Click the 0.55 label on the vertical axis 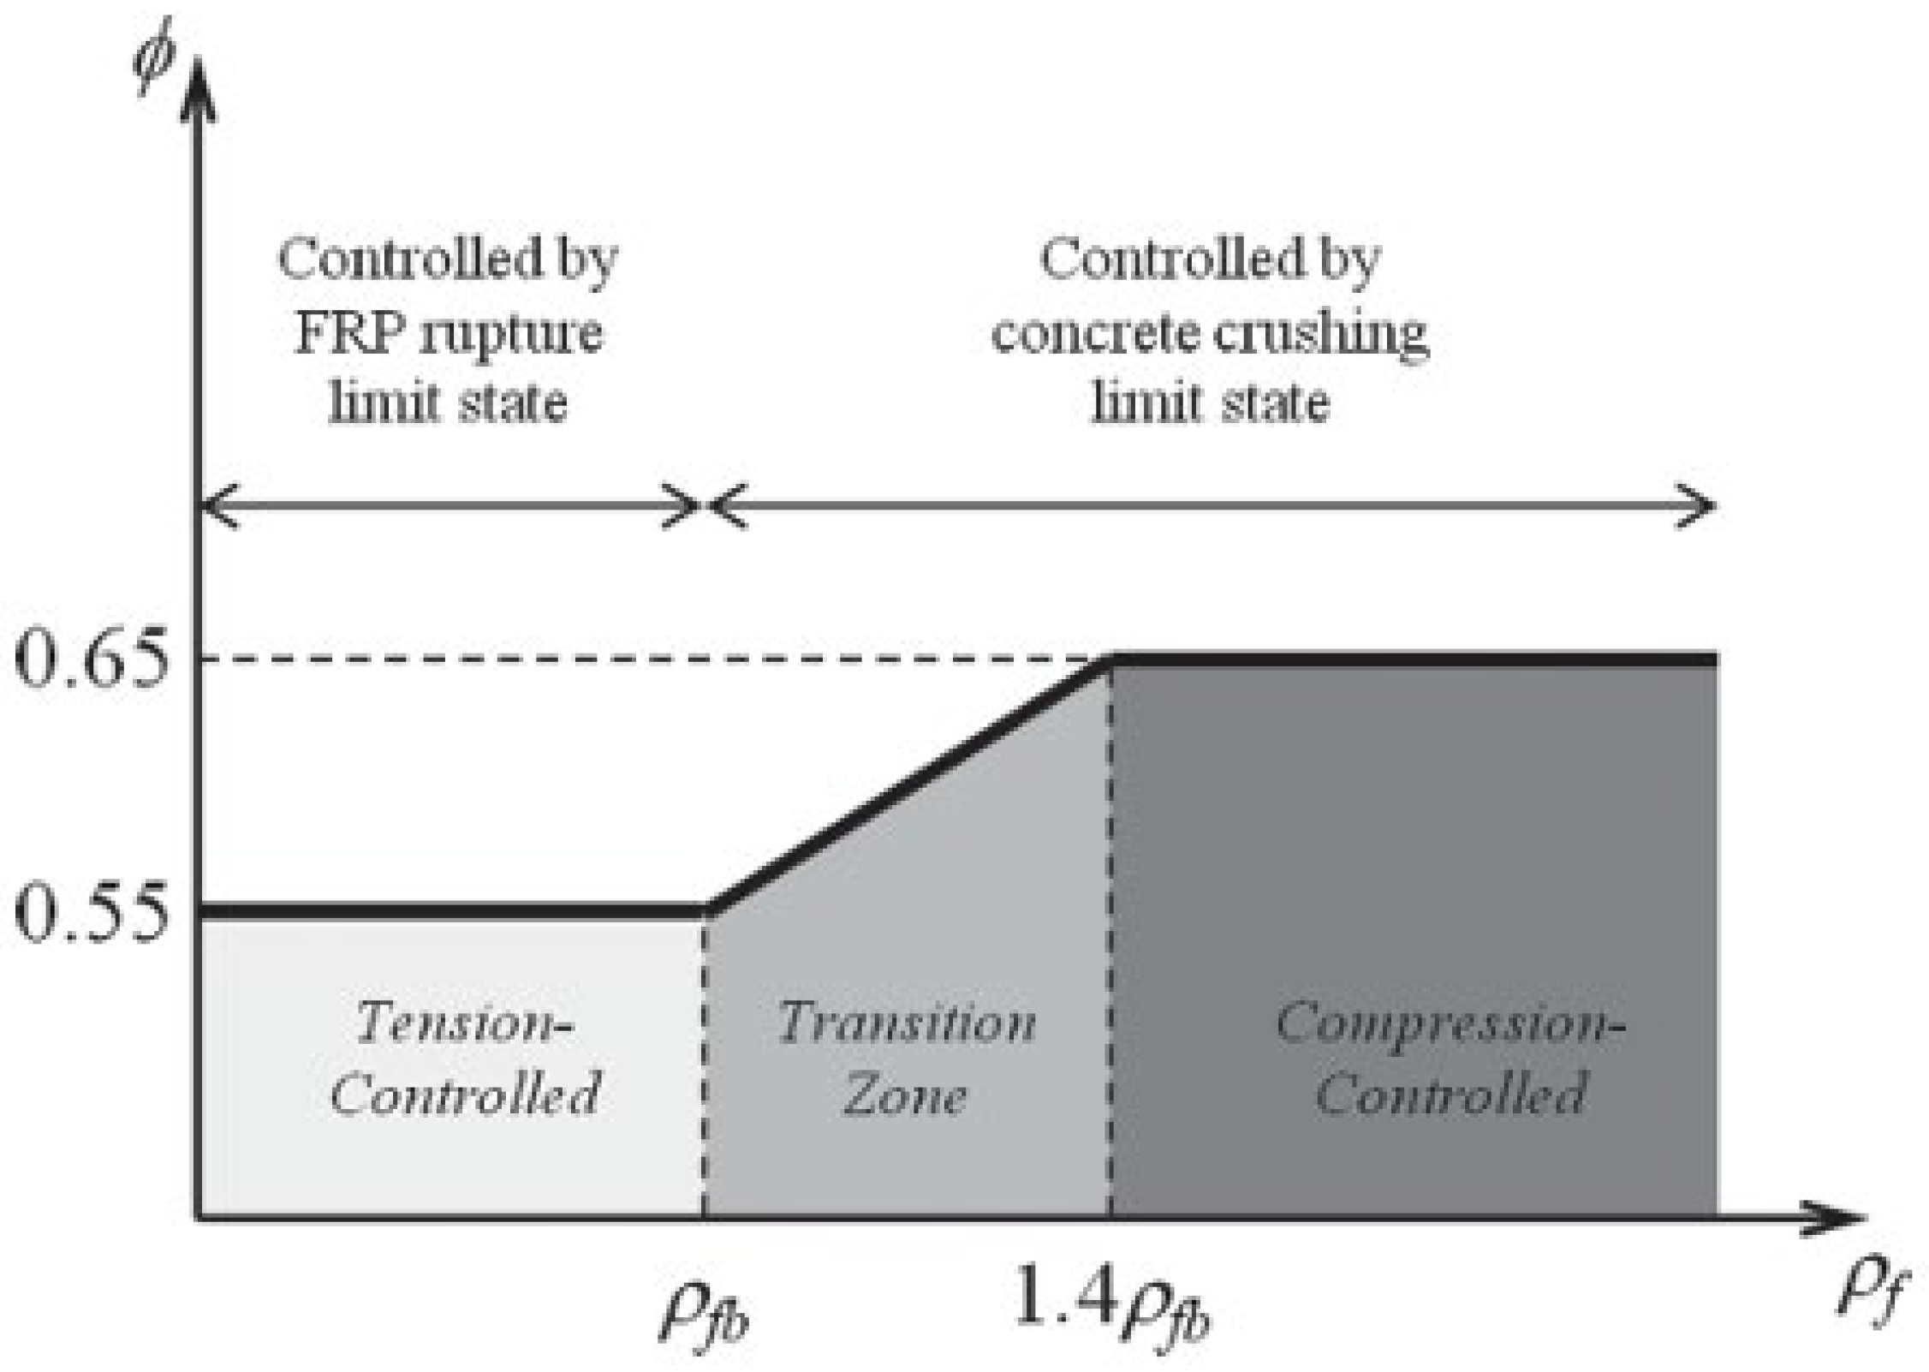tap(89, 914)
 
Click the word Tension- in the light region tap(463, 1023)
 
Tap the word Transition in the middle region tap(907, 1023)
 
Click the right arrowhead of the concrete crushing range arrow tap(1700, 506)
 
